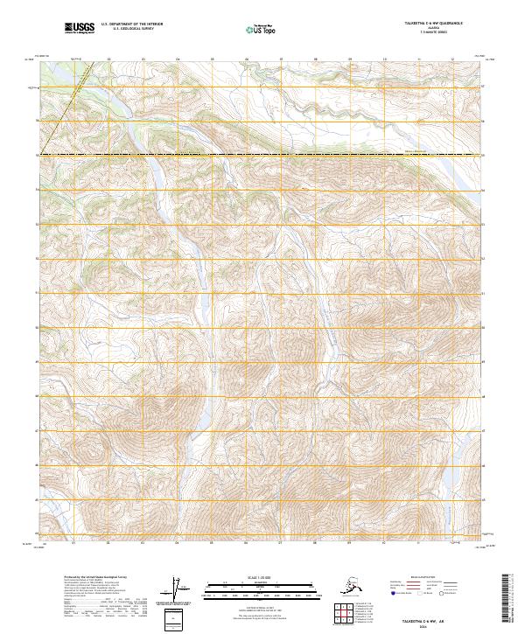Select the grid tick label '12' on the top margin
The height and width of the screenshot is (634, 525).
click(452, 59)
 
